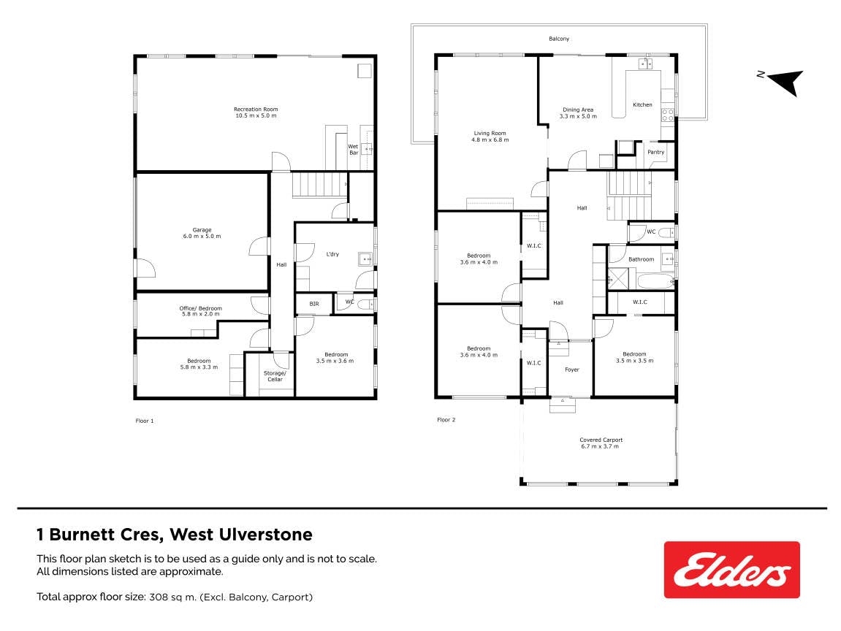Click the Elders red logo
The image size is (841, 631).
click(x=731, y=570)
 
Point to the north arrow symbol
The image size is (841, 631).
click(x=785, y=82)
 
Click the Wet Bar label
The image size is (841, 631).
click(x=354, y=150)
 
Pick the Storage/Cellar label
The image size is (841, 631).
click(x=275, y=376)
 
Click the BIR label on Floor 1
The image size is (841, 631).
click(x=314, y=304)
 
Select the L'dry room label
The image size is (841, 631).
click(x=332, y=254)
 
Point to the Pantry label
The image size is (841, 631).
click(x=656, y=152)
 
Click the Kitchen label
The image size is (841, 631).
click(x=642, y=105)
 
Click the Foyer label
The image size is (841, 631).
click(x=572, y=370)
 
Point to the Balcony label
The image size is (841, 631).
click(x=559, y=39)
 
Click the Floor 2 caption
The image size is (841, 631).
click(x=446, y=420)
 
